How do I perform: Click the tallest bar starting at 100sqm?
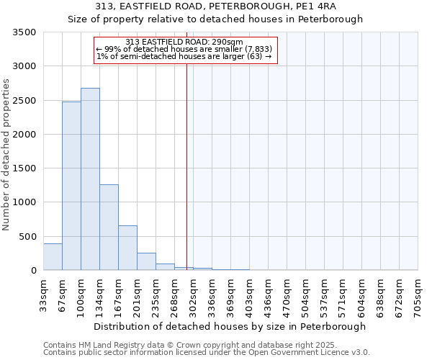(x=90, y=179)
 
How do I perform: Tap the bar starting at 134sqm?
(x=109, y=228)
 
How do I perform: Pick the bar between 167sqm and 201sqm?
(x=127, y=248)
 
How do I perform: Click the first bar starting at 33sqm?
(x=53, y=257)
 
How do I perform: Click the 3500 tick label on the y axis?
(x=24, y=33)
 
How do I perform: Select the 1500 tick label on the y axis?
(x=24, y=168)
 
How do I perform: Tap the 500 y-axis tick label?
(x=27, y=237)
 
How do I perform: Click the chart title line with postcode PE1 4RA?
(x=216, y=6)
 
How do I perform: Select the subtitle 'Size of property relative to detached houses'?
(x=216, y=19)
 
